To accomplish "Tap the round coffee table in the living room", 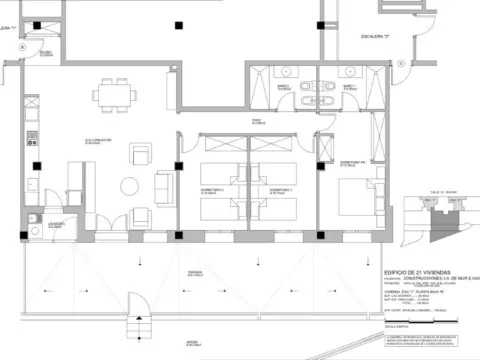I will point(129,185).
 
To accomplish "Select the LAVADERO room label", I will point(55,225).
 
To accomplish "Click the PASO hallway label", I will point(256,120).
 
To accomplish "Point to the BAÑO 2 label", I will point(349,87).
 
